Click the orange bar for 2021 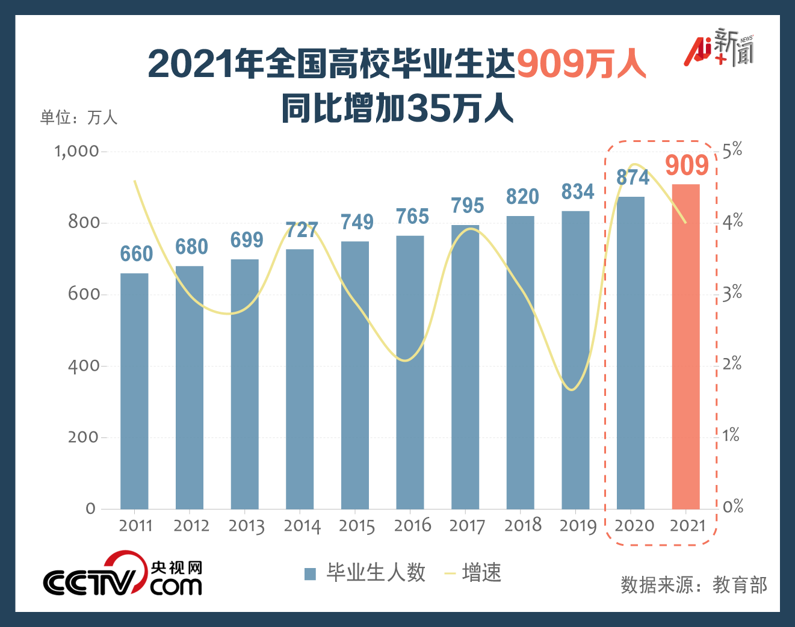(685, 347)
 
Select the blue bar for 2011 (134, 391)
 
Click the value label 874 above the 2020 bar (633, 178)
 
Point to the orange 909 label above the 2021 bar (687, 165)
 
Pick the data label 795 (468, 206)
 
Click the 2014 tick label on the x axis (302, 526)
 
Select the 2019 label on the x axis (578, 526)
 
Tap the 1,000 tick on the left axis (76, 151)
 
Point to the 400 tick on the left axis (83, 366)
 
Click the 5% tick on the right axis (732, 150)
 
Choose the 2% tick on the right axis (732, 364)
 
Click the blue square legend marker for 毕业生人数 (311, 573)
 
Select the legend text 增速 (481, 573)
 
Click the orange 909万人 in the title (581, 64)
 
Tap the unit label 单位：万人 (78, 117)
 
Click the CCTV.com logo (122, 575)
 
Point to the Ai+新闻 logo (719, 48)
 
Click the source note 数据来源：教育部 (694, 585)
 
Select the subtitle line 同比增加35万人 (397, 109)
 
